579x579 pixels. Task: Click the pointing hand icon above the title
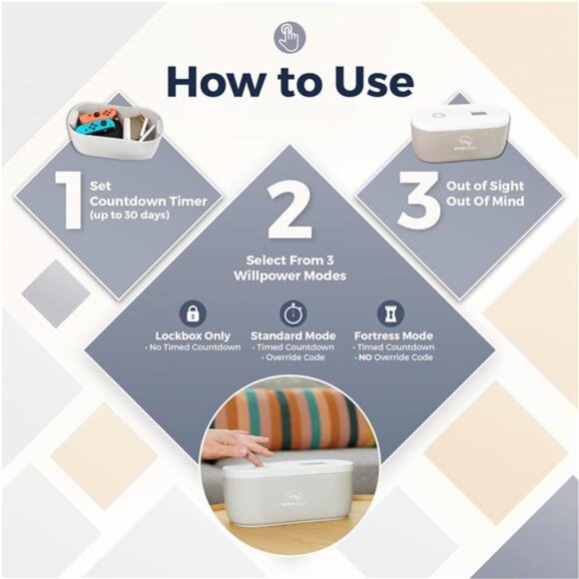pos(289,37)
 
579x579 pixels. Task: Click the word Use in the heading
pos(373,81)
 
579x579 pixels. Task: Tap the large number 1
pos(70,200)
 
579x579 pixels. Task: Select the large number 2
pos(289,210)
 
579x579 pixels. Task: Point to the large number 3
pos(419,200)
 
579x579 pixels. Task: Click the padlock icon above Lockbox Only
pos(193,313)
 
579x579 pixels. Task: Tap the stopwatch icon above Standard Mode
pos(292,313)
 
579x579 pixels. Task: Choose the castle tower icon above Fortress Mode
pos(390,313)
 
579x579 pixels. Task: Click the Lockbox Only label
pos(193,335)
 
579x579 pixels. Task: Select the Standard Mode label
pos(293,335)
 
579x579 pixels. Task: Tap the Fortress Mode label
pos(393,335)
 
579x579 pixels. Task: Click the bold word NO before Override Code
pos(365,357)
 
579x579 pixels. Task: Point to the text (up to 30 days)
pos(130,215)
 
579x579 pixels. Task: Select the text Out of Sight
pos(485,186)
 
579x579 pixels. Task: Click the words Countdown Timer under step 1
pos(149,202)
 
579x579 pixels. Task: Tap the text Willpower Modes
pos(289,276)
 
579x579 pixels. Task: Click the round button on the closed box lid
pos(438,116)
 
